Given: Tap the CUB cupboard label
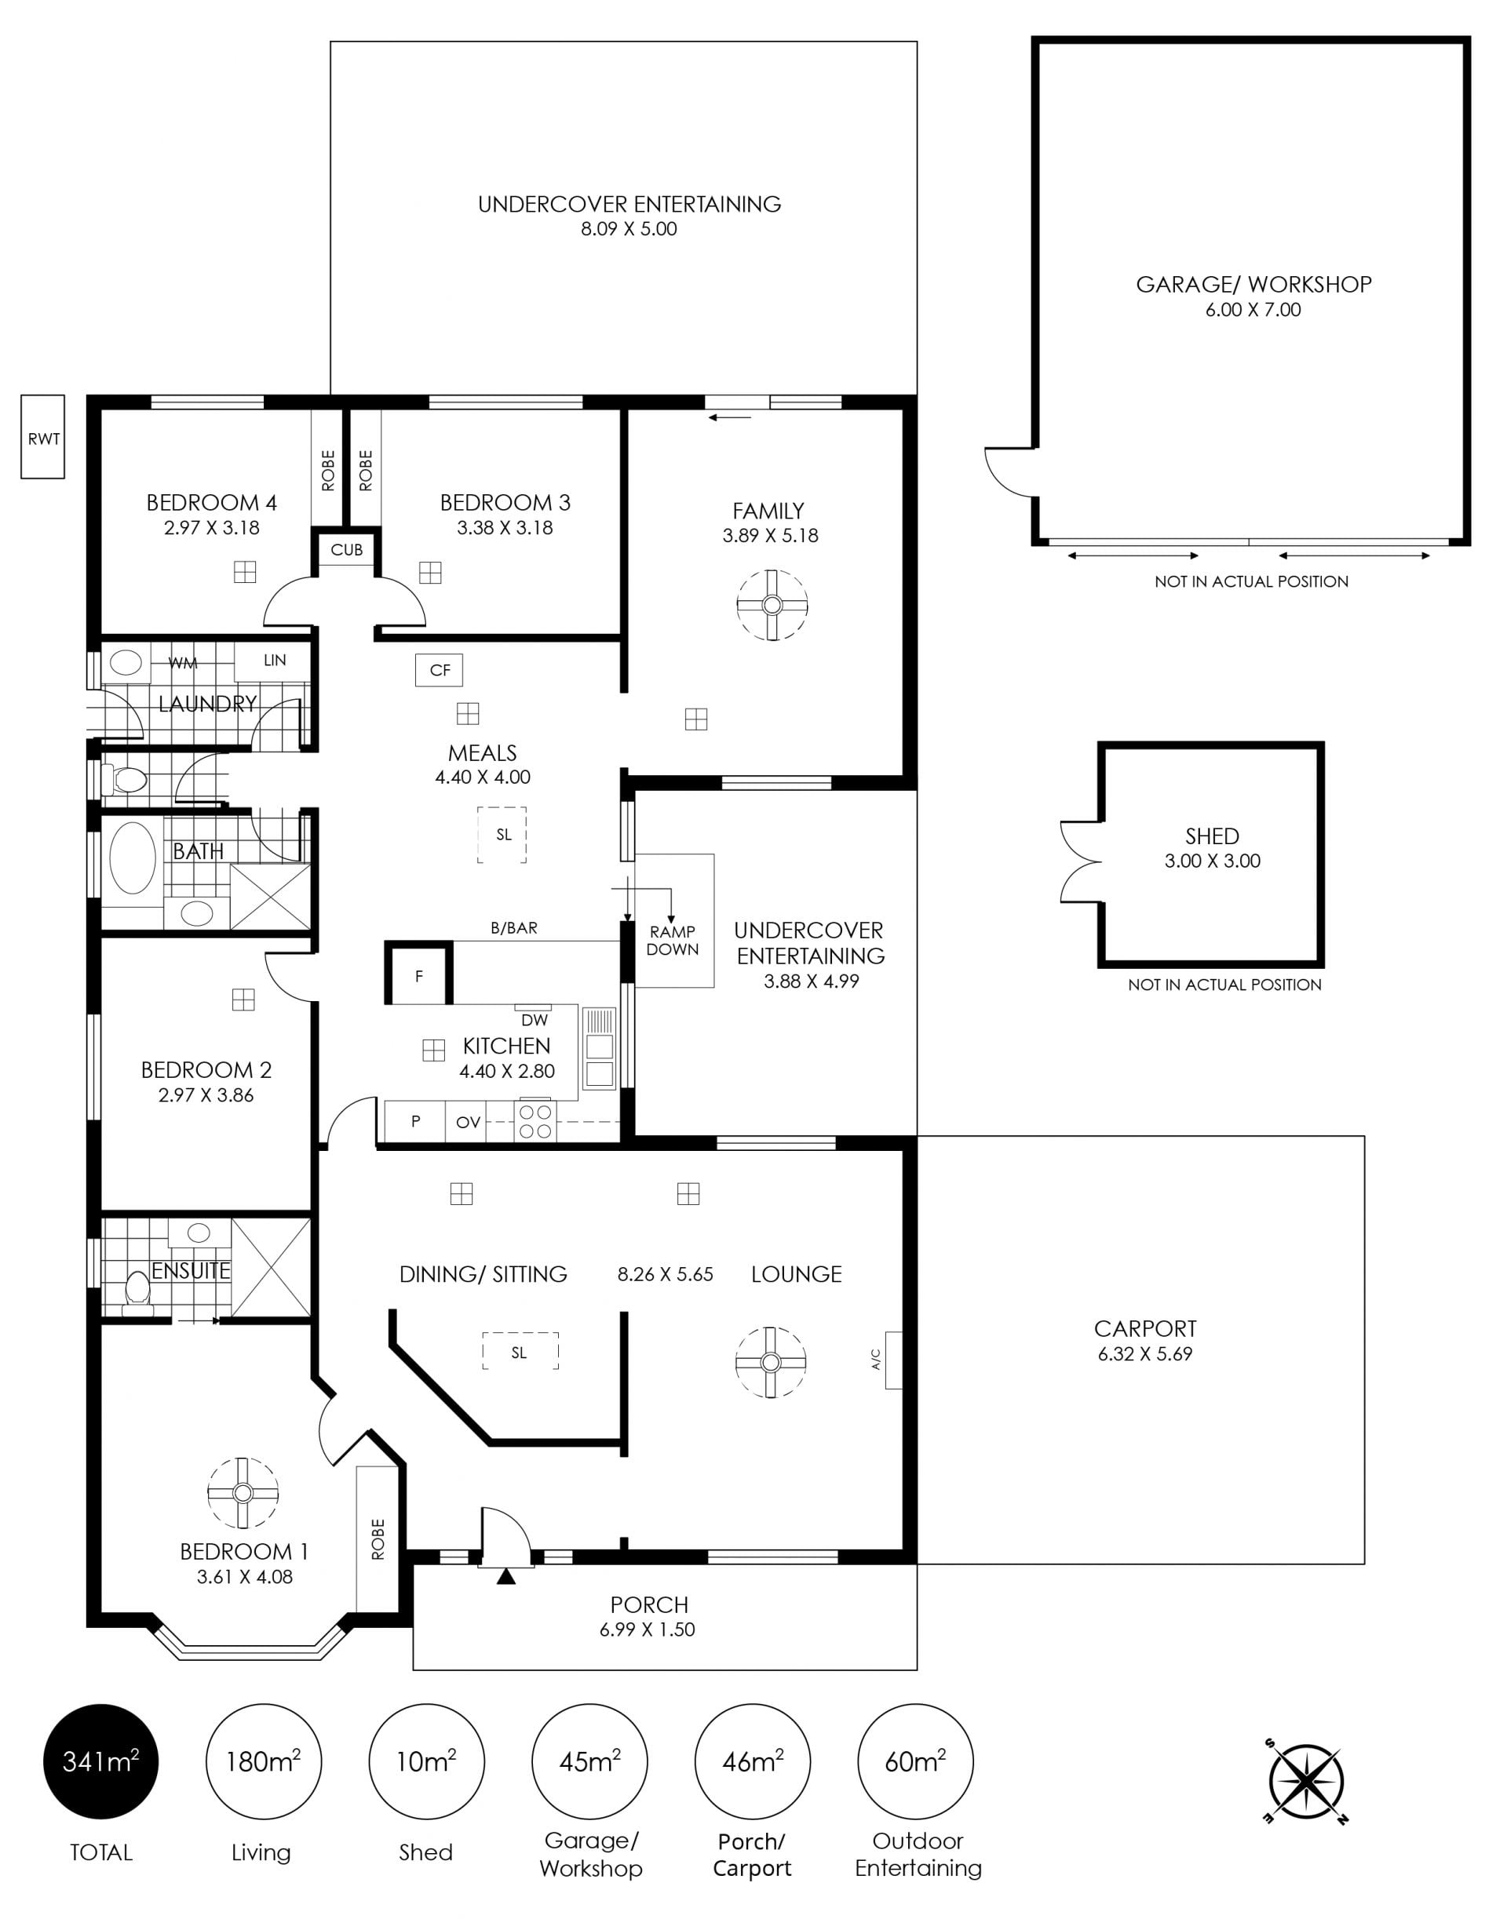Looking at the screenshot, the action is point(347,549).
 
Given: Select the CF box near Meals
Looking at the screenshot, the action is point(440,670).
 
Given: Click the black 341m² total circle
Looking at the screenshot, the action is point(100,1761).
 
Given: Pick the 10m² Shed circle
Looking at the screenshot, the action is point(426,1761).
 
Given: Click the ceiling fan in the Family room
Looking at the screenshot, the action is point(772,605).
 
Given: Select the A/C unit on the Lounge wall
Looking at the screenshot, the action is point(893,1360).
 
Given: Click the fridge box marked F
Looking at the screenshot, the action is point(419,974).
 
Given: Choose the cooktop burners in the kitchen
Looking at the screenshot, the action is point(535,1121).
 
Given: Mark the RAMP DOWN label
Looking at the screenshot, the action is point(673,940).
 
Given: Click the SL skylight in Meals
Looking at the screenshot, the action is point(503,834).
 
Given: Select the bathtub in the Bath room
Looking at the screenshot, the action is point(133,858).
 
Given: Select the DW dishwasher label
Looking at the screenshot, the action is point(535,1021).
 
